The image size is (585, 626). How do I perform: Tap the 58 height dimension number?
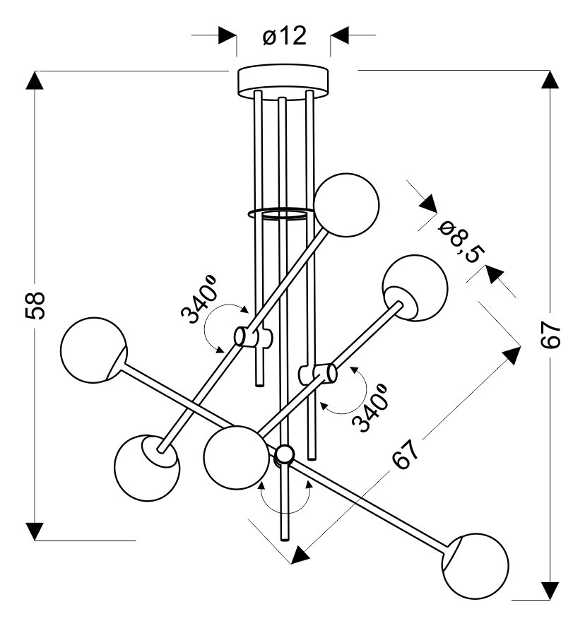pyautogui.click(x=37, y=305)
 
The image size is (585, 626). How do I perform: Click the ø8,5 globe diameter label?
pyautogui.click(x=460, y=240)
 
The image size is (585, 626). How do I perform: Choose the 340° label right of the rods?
pyautogui.click(x=372, y=408)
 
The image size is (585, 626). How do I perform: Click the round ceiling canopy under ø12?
pyautogui.click(x=284, y=79)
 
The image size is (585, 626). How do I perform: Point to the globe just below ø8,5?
pyautogui.click(x=415, y=288)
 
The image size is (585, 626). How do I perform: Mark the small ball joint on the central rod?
pyautogui.click(x=284, y=454)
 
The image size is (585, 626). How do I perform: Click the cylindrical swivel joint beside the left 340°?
pyautogui.click(x=244, y=338)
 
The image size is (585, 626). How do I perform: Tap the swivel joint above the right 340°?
pyautogui.click(x=324, y=373)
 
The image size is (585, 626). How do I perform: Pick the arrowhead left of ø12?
pyautogui.click(x=227, y=34)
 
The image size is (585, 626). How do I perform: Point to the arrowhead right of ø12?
pyautogui.click(x=340, y=34)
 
